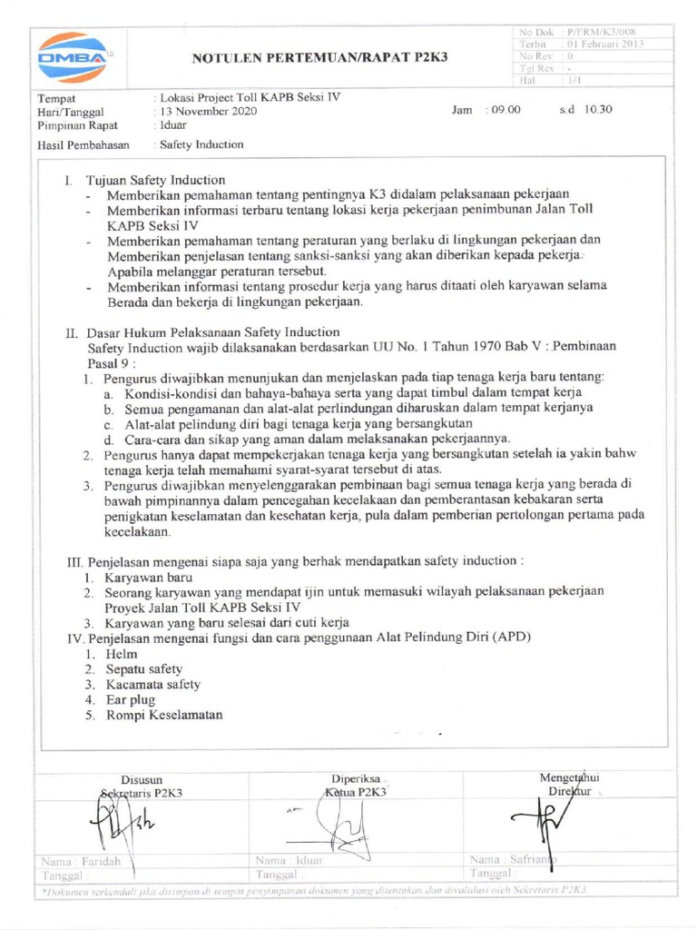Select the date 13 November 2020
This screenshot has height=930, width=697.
click(x=209, y=111)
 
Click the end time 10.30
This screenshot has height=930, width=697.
click(x=598, y=110)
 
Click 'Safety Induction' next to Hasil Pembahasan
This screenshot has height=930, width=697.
click(x=201, y=144)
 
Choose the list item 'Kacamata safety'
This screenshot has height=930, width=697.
click(x=152, y=684)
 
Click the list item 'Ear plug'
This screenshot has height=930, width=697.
click(x=130, y=699)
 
